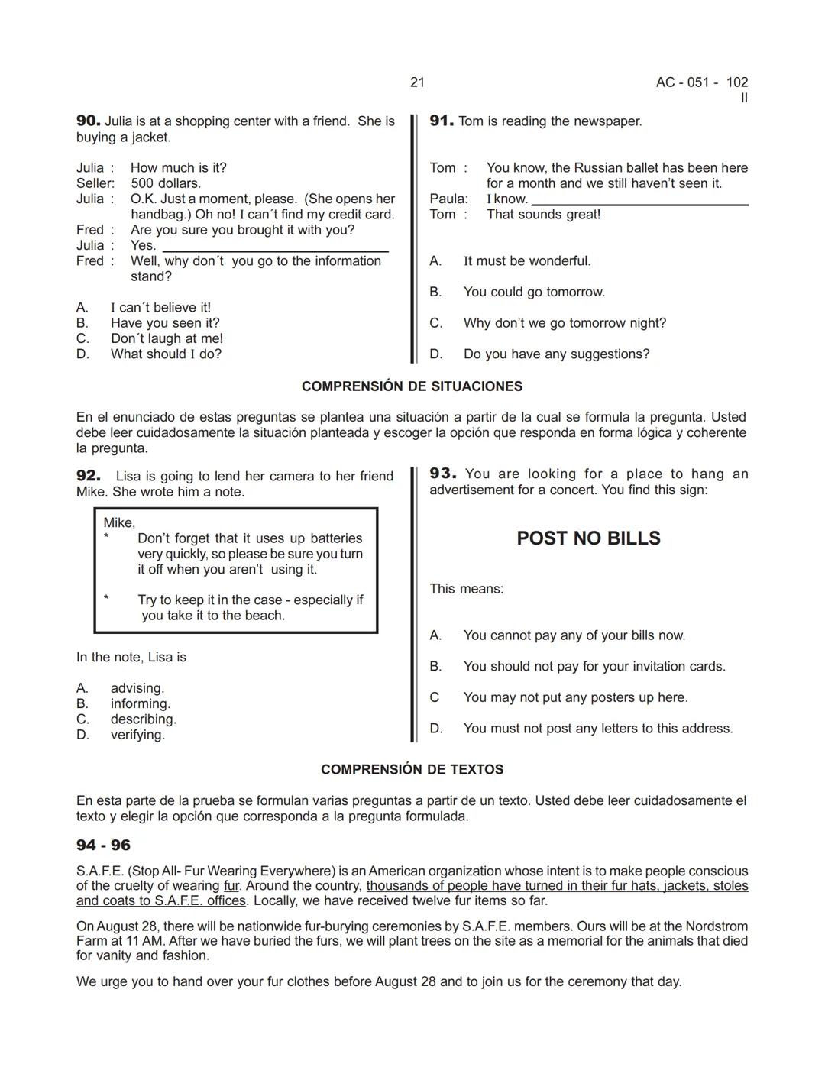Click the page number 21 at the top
[x=417, y=82]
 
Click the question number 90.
[x=88, y=121]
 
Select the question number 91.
[x=442, y=121]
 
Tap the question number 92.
[x=88, y=476]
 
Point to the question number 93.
[x=442, y=474]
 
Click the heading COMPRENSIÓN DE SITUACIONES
[x=412, y=386]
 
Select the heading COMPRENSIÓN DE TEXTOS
[x=412, y=770]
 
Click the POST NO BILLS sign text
[x=588, y=538]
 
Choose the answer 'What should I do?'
[x=166, y=354]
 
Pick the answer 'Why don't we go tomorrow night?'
[x=565, y=323]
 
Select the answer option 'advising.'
[x=137, y=688]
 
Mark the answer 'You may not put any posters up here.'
[x=575, y=697]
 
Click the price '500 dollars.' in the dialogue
[x=166, y=183]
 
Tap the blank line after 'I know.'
[x=639, y=202]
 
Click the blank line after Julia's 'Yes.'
[x=275, y=248]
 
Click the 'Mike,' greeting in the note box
[x=119, y=522]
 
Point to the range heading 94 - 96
[x=103, y=845]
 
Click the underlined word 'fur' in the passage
[x=231, y=886]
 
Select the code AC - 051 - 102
[x=701, y=82]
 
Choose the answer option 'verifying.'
[x=137, y=735]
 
